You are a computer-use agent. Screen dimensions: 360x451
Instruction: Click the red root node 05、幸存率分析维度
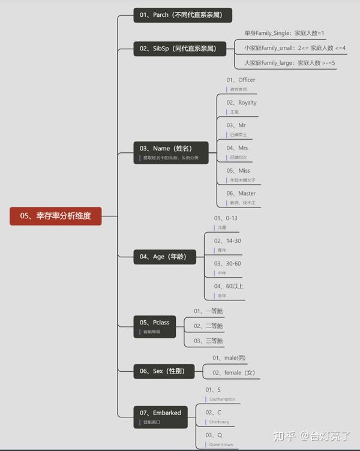click(x=55, y=216)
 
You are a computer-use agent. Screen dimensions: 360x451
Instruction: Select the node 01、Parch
click(x=182, y=15)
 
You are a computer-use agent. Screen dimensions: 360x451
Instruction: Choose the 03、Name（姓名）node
click(x=172, y=151)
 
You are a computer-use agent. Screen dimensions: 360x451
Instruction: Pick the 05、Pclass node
click(x=155, y=326)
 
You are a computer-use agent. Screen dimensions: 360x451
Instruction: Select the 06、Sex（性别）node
click(x=163, y=371)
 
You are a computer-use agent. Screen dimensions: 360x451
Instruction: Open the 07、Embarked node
click(x=160, y=416)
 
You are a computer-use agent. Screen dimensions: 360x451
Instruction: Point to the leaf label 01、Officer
click(x=241, y=80)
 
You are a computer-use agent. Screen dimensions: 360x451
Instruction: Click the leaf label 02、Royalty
click(x=241, y=103)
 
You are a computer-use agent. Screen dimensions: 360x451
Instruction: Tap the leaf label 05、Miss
click(x=238, y=171)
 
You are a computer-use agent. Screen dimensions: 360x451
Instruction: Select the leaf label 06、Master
click(x=241, y=194)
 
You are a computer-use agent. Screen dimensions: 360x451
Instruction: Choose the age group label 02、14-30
click(x=227, y=240)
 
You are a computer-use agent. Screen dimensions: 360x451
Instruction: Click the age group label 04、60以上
click(x=229, y=286)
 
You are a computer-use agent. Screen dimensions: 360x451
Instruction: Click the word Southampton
click(x=221, y=399)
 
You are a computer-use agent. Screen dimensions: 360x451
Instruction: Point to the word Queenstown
click(x=221, y=445)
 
